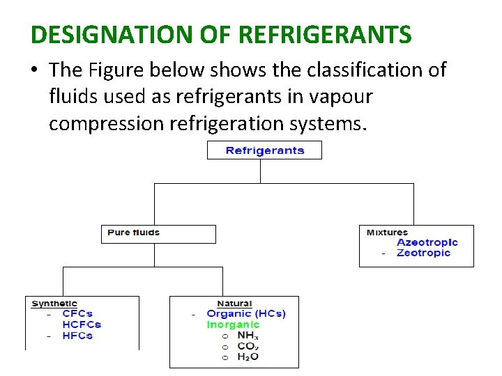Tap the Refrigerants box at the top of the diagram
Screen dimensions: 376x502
[x=264, y=150]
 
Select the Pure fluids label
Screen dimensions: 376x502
[x=134, y=233]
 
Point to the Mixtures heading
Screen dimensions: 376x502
[x=387, y=233]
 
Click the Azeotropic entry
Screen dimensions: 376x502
[x=427, y=242]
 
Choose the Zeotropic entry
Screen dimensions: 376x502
[x=423, y=253]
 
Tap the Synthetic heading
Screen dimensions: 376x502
[x=54, y=304]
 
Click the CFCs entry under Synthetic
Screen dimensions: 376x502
[x=77, y=314]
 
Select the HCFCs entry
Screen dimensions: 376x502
[x=82, y=324]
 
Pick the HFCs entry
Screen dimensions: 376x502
[x=77, y=336]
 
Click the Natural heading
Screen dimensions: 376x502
[x=234, y=304]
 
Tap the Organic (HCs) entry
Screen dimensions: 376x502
[x=246, y=314]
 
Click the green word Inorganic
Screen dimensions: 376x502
[x=233, y=324]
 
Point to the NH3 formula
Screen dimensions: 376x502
[x=248, y=336]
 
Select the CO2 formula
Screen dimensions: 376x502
[x=248, y=346]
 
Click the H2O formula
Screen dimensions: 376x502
[x=248, y=357]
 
